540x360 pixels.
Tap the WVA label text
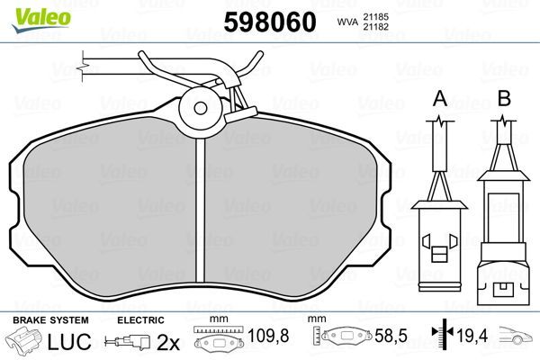[x=346, y=22]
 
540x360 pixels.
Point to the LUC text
[x=75, y=342]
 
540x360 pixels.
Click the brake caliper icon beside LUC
[x=27, y=342]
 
